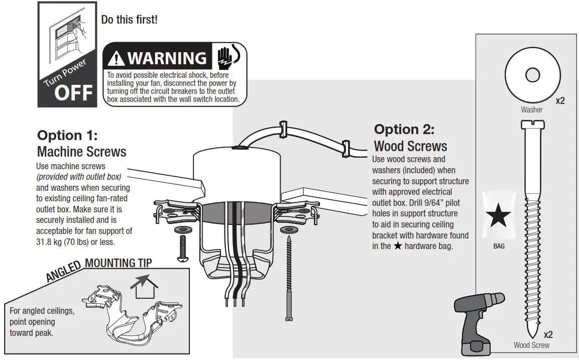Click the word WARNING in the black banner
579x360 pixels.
point(167,58)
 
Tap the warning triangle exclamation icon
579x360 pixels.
point(116,59)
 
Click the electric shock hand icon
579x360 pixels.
point(225,57)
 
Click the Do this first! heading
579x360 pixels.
point(130,20)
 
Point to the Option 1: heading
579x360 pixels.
point(67,136)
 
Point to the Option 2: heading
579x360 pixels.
point(404,130)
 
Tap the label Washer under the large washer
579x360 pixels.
point(531,109)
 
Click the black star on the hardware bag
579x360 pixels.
point(499,216)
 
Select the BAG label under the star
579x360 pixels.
point(499,247)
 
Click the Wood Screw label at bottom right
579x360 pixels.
point(531,345)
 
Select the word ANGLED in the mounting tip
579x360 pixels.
point(64,271)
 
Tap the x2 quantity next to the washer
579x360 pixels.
point(560,100)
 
